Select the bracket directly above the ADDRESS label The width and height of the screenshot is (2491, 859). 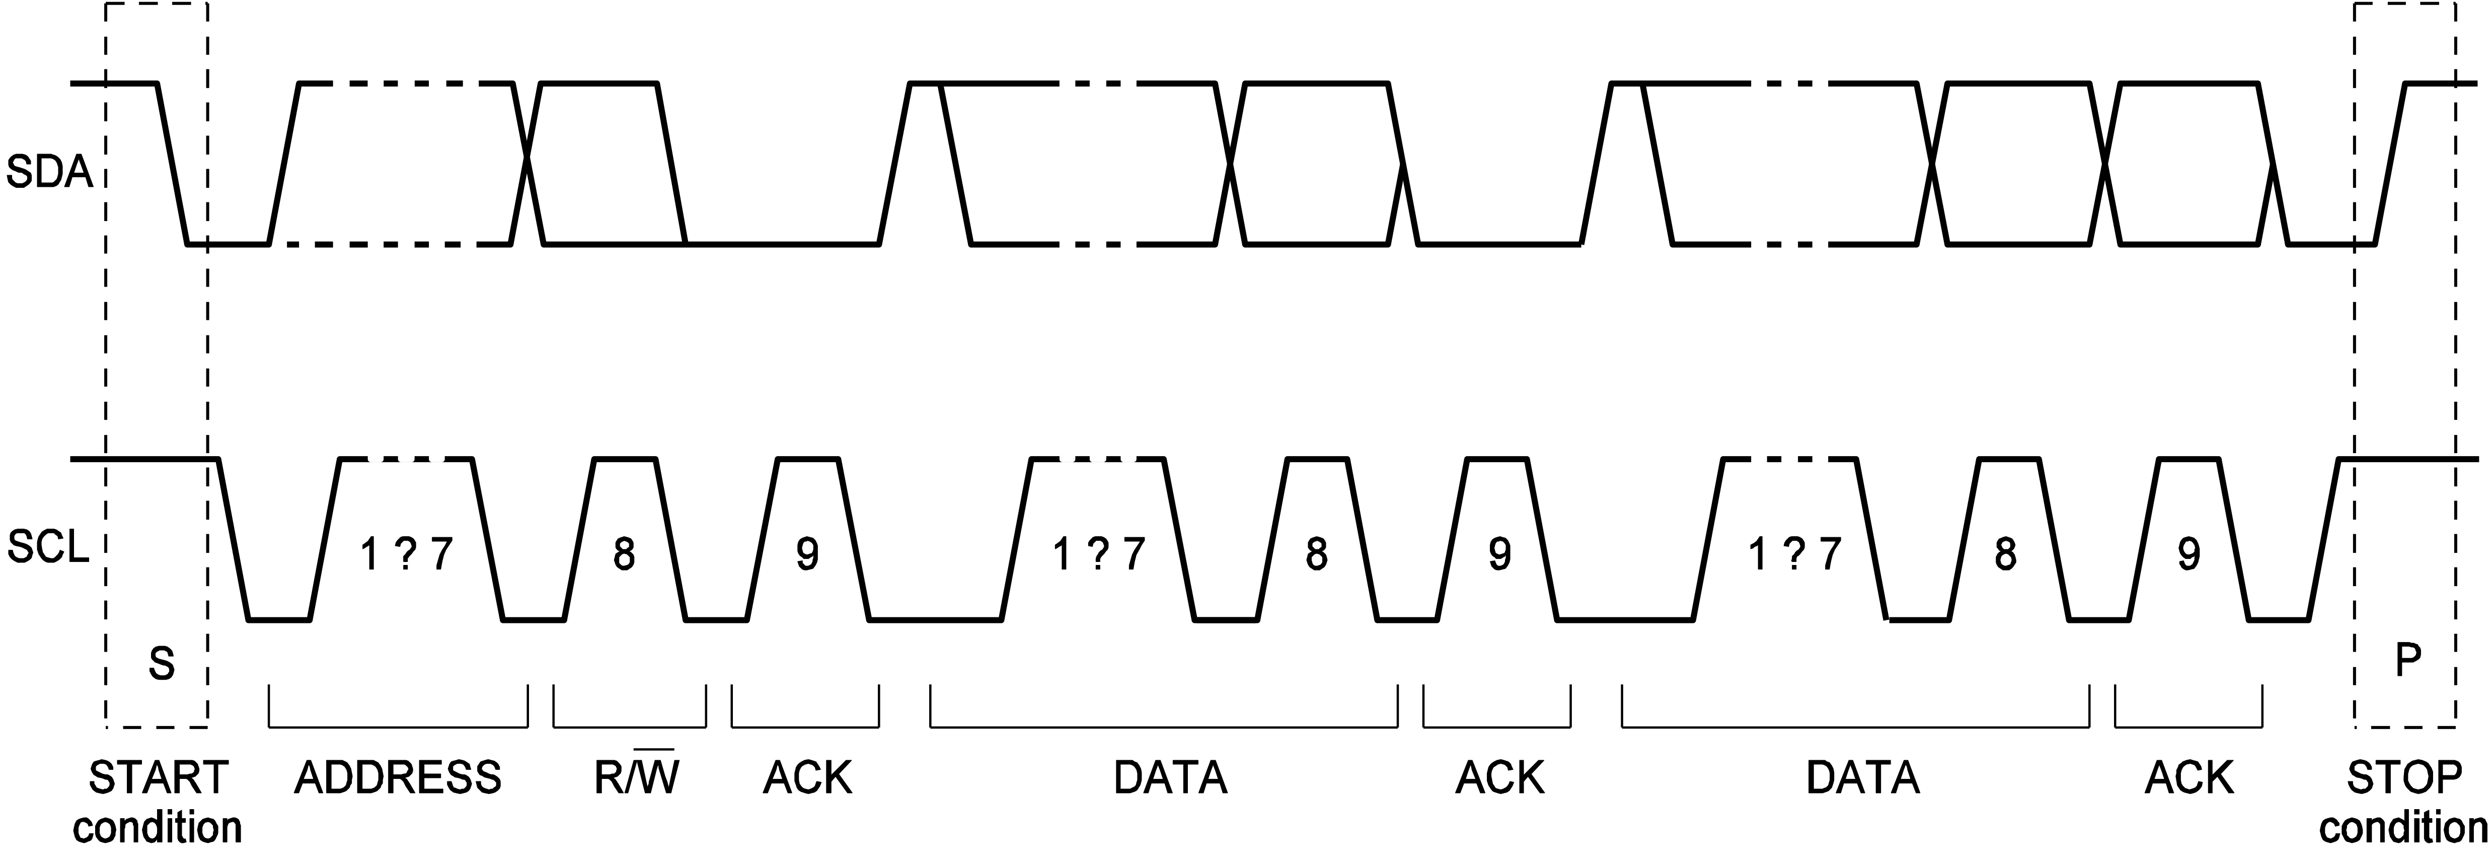point(398,724)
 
